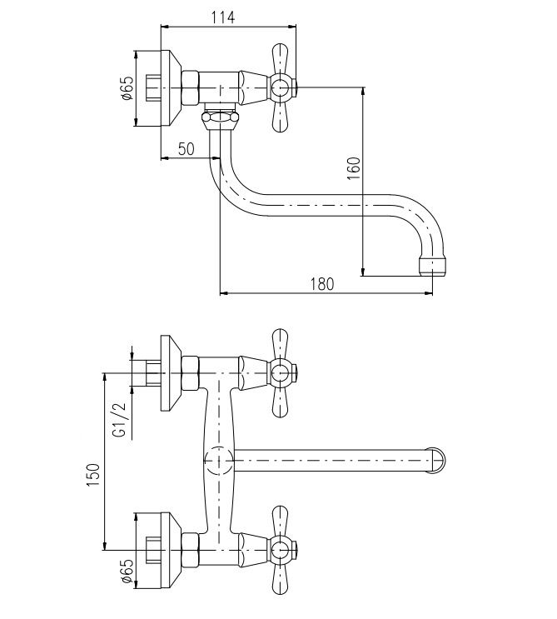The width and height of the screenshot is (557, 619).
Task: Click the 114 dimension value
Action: (223, 17)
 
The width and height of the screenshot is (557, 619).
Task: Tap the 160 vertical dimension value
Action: (354, 168)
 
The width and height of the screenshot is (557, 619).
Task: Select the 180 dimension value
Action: (322, 284)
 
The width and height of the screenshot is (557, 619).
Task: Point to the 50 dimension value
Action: (186, 149)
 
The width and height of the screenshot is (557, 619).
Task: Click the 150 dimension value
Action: (93, 475)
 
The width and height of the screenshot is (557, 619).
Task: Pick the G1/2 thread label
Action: (119, 420)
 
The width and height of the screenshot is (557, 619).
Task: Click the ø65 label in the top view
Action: (127, 88)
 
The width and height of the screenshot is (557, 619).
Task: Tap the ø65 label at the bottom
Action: (127, 572)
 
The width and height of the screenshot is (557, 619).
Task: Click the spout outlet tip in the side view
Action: (433, 267)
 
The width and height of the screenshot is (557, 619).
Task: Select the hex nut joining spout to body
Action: (220, 117)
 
